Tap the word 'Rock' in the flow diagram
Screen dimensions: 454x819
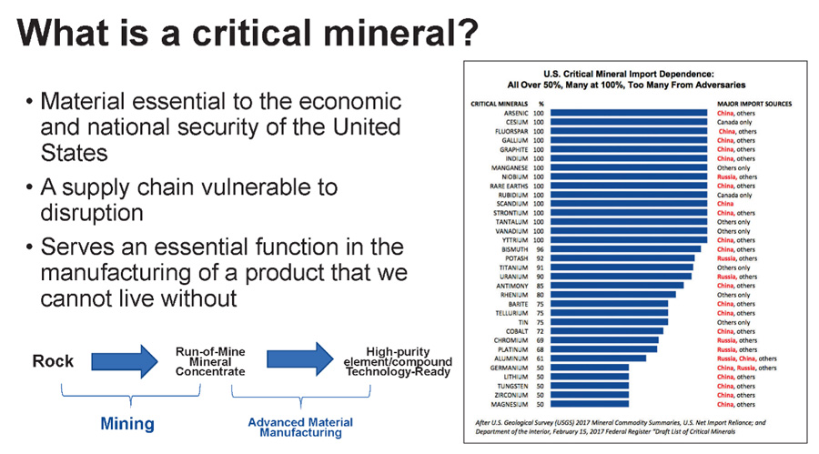pyautogui.click(x=53, y=361)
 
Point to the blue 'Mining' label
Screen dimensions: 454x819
pyautogui.click(x=127, y=423)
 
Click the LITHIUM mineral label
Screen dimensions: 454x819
pyautogui.click(x=515, y=377)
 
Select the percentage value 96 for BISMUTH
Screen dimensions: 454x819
pyautogui.click(x=540, y=247)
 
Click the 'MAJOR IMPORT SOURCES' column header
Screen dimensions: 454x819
pyautogui.click(x=753, y=103)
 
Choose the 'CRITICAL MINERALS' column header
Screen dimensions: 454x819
pyautogui.click(x=496, y=103)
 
